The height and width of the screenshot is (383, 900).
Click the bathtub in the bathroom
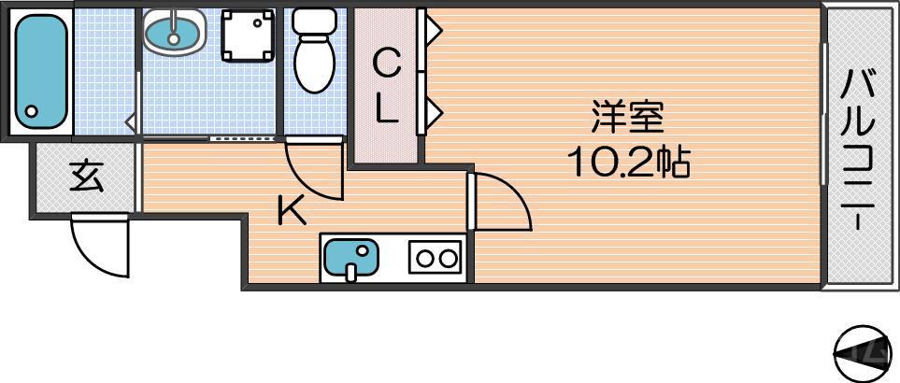point(41,69)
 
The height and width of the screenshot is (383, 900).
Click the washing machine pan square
point(249,35)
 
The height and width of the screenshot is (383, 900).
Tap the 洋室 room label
point(626,120)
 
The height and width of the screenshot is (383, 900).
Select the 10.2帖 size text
point(627,163)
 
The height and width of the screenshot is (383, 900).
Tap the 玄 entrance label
point(86,176)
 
